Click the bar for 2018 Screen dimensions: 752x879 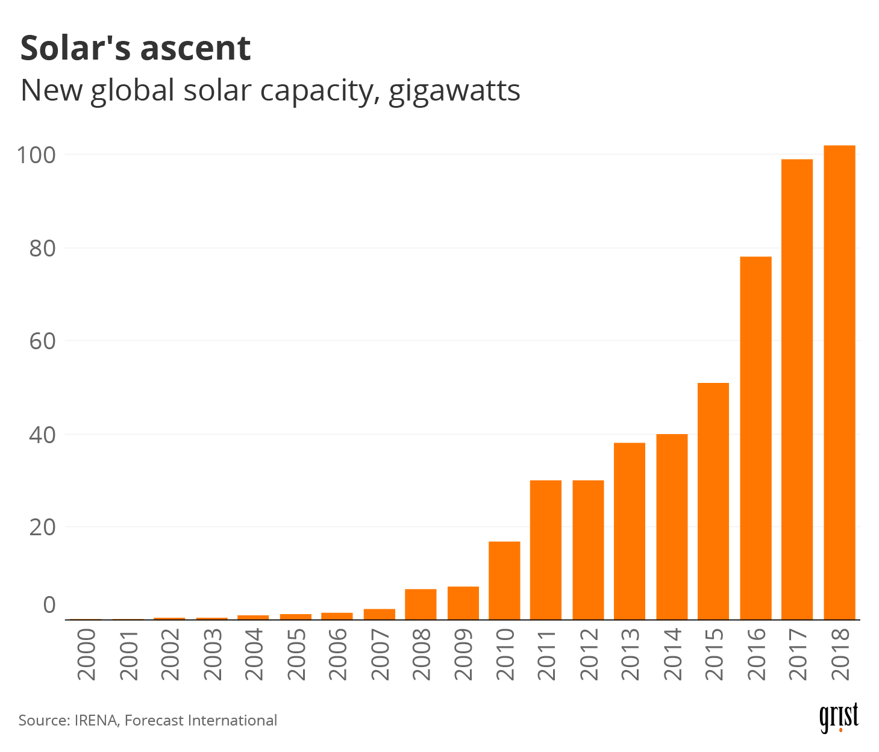click(839, 382)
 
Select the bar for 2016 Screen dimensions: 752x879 click(755, 438)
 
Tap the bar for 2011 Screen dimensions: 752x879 click(546, 550)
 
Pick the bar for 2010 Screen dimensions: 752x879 click(504, 580)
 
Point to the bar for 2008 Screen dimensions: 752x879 click(421, 604)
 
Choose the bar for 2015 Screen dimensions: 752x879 click(713, 501)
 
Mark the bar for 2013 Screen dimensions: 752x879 click(630, 531)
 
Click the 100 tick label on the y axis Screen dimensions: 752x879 click(36, 155)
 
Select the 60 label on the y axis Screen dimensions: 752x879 click(42, 341)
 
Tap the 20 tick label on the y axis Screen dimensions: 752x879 click(42, 527)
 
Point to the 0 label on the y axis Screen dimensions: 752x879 click(49, 605)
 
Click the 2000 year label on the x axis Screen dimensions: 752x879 click(87, 654)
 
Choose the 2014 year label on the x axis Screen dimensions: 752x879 click(672, 654)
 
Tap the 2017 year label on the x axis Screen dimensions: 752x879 click(798, 654)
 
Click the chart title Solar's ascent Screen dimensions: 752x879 click(136, 48)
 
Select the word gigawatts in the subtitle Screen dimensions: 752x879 click(454, 92)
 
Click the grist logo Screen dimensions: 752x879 click(839, 718)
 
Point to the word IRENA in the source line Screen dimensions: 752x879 click(96, 721)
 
